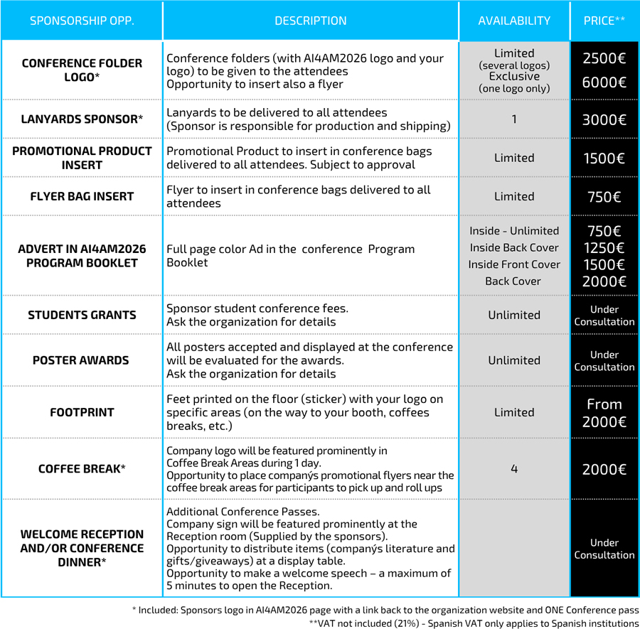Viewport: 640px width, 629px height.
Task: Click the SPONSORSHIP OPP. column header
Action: [82, 21]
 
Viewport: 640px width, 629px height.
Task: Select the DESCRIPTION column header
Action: [311, 21]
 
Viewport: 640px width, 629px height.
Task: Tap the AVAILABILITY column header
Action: [514, 21]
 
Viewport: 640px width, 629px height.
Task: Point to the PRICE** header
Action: [604, 21]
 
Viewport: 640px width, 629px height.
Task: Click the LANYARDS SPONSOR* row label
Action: [82, 119]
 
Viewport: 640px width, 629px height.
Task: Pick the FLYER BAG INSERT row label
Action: [82, 196]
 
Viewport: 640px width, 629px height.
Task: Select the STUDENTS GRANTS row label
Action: [82, 315]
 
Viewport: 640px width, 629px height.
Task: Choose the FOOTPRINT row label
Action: [82, 412]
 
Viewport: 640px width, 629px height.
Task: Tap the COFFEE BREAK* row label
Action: [82, 469]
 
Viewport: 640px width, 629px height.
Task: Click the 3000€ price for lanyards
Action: [604, 119]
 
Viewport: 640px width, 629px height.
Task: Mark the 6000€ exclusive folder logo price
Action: [604, 82]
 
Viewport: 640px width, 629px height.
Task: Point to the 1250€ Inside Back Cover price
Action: [604, 248]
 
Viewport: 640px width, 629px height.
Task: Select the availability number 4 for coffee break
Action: [514, 469]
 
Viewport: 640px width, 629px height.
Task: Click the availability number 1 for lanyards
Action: [514, 119]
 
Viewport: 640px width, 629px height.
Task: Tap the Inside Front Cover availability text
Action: [514, 264]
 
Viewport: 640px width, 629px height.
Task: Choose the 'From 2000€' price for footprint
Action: [604, 413]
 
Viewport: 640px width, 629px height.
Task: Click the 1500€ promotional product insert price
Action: [604, 158]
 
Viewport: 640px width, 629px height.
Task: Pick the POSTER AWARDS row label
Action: [82, 360]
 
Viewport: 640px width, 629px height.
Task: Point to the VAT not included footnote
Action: [474, 623]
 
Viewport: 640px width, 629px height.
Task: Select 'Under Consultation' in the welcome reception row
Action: [604, 549]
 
